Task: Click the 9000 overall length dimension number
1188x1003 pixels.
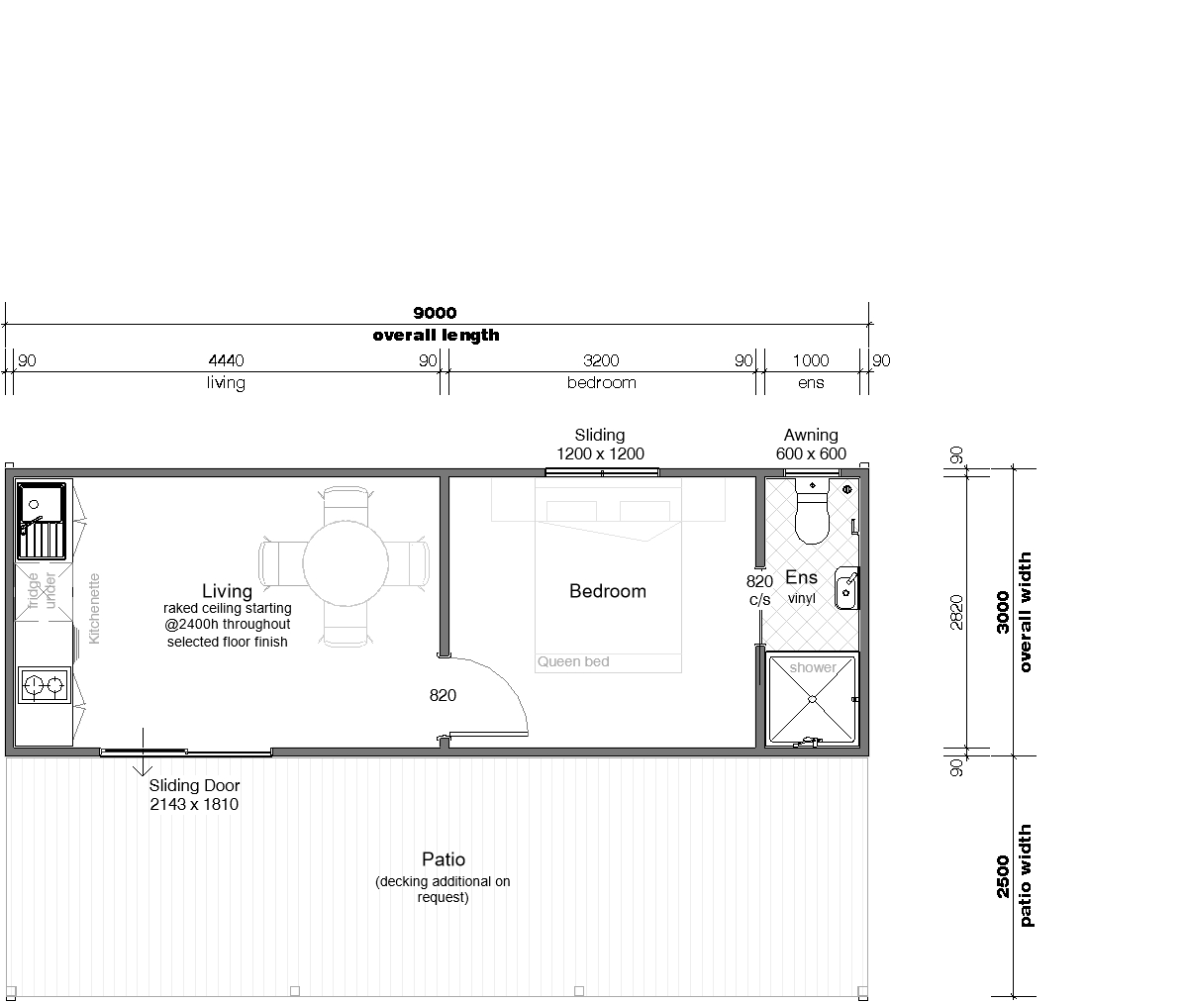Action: pos(435,313)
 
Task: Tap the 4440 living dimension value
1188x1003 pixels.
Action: pos(226,360)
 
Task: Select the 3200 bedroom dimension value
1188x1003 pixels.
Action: pos(601,360)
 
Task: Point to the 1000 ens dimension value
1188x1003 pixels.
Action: pos(811,360)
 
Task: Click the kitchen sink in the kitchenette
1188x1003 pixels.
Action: pos(42,520)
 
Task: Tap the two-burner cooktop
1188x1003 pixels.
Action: pos(45,685)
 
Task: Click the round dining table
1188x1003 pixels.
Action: pos(346,563)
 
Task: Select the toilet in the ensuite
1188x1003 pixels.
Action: pos(812,511)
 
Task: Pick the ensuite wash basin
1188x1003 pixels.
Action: pos(846,588)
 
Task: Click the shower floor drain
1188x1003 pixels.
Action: pos(812,700)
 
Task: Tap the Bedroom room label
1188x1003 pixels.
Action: pos(608,591)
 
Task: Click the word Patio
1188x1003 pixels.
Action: pos(444,859)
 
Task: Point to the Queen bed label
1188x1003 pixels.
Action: pos(573,661)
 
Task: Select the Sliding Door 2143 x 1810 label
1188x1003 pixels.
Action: pos(194,795)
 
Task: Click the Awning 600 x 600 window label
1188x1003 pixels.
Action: pos(811,444)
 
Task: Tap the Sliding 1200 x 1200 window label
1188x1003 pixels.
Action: pos(600,444)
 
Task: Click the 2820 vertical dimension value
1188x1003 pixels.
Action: pos(956,612)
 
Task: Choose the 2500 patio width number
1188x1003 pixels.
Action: pos(1003,876)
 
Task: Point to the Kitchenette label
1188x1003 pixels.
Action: pos(94,609)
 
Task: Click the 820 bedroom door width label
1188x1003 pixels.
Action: pos(443,695)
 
